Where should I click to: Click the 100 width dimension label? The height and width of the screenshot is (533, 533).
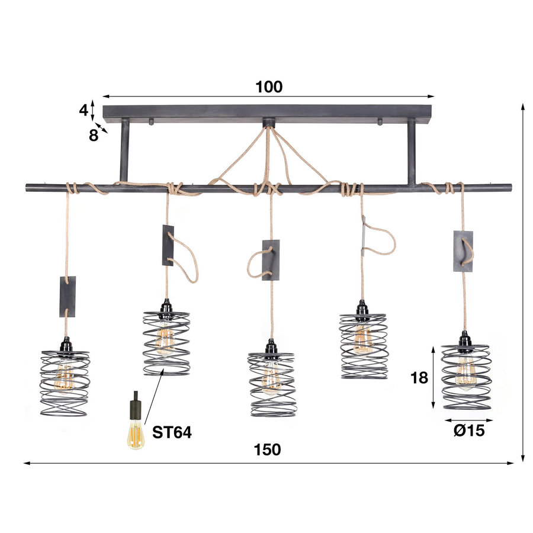click(269, 87)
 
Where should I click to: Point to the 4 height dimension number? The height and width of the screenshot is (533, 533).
click(84, 110)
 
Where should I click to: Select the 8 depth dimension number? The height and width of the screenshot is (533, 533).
click(94, 135)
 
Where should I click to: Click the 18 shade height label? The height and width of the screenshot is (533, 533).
click(419, 378)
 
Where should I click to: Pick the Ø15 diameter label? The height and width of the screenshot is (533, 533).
click(468, 431)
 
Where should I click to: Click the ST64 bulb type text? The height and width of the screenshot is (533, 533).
click(172, 433)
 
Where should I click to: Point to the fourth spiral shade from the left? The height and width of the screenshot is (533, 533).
click(363, 346)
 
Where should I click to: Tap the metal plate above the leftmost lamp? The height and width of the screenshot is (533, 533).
click(68, 296)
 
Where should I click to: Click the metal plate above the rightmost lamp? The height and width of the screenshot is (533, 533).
click(463, 251)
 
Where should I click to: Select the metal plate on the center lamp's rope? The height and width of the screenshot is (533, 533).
click(271, 260)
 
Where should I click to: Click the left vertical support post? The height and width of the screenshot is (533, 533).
click(124, 151)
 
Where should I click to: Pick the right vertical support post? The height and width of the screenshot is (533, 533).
click(411, 151)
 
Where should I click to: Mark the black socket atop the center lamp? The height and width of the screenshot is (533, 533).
click(271, 346)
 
